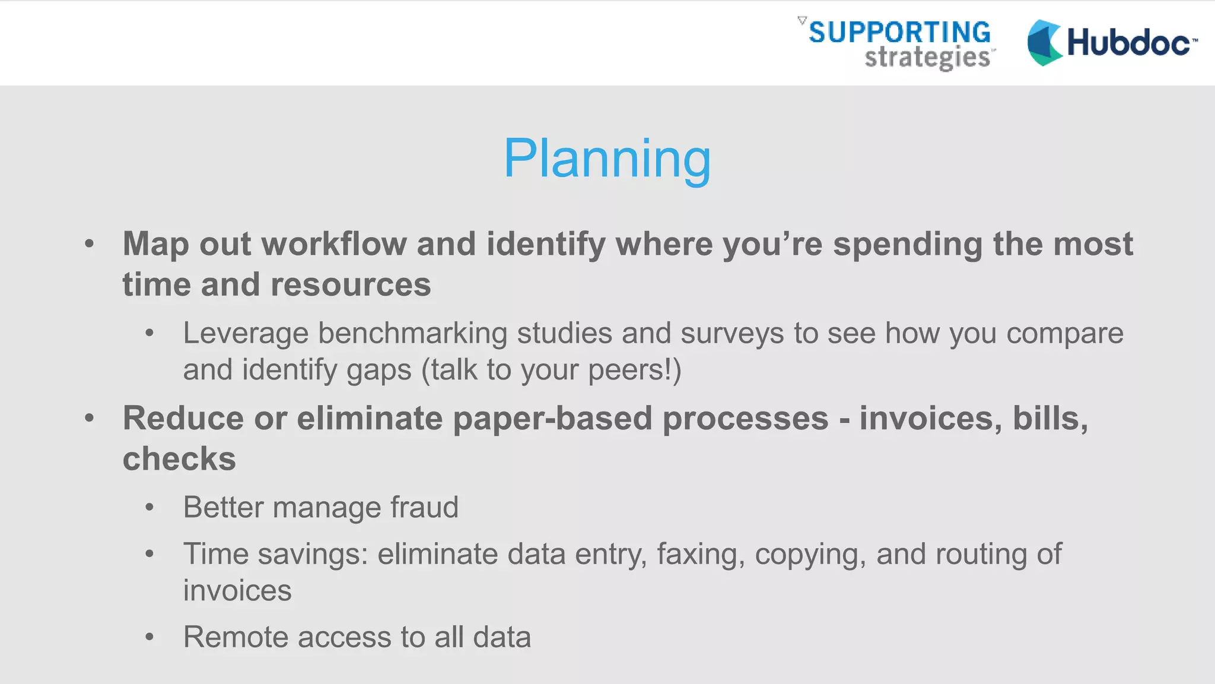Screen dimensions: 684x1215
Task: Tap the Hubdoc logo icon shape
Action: pos(1044,43)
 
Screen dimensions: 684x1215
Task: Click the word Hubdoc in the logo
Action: pos(1128,43)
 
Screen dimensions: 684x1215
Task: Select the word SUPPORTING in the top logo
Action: pos(899,32)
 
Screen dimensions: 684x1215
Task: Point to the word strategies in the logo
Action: pos(927,58)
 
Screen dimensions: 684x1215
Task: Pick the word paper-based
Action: pos(552,419)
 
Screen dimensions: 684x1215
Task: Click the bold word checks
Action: pos(179,459)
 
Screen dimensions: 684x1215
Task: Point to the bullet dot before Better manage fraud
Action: pos(150,508)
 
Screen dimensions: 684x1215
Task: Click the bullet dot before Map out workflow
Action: pos(89,243)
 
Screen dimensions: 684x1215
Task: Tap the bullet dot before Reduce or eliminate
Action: pos(89,418)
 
